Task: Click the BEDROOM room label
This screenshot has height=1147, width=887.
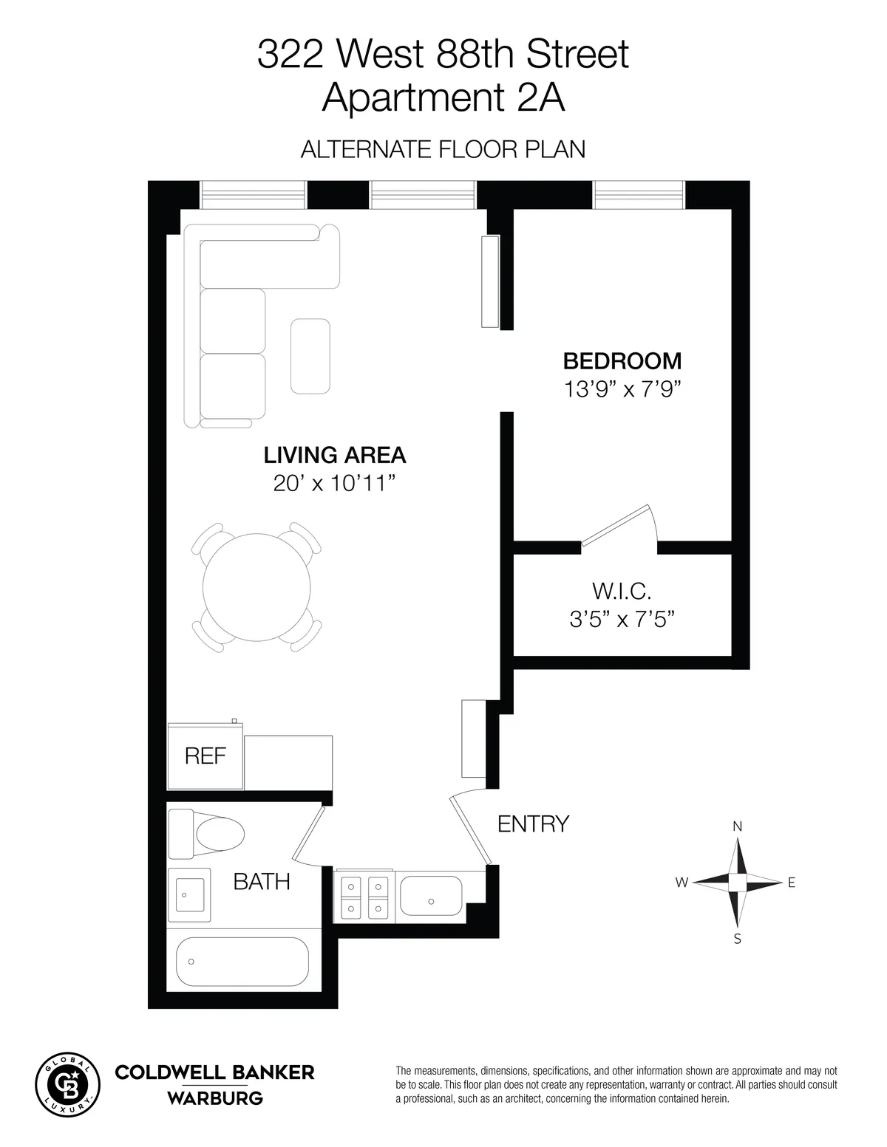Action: point(622,361)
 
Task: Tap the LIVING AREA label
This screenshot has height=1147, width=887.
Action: point(335,455)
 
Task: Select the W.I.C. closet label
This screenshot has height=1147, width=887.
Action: point(622,591)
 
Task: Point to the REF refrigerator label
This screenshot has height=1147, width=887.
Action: point(205,756)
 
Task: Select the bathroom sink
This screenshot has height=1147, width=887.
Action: point(189,894)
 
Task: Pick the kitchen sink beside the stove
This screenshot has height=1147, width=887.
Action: point(430,895)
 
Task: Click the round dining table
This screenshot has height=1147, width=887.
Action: point(256,587)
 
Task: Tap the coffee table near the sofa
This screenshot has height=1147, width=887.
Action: point(310,355)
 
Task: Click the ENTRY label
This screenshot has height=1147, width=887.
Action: point(533,824)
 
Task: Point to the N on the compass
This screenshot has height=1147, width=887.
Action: point(737,826)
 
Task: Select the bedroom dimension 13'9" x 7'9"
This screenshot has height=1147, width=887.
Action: point(622,389)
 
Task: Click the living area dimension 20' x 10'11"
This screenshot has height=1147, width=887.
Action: point(335,484)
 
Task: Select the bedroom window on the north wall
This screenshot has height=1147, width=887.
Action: point(639,194)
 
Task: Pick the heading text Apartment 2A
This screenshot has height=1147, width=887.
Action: point(443,97)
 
